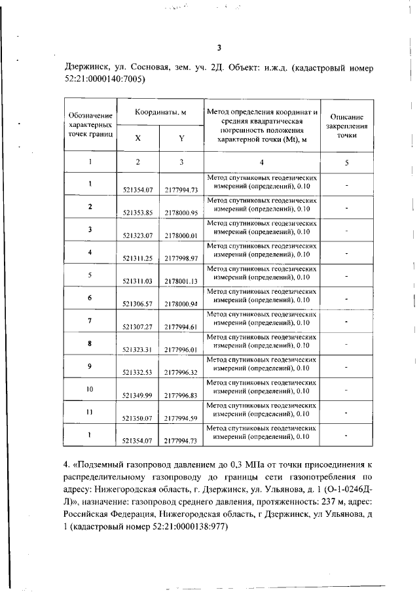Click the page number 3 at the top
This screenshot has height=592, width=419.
coord(220,47)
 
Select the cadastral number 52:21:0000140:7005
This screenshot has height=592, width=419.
coord(105,80)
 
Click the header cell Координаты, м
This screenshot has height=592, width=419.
coord(160,113)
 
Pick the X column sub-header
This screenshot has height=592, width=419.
coord(137,138)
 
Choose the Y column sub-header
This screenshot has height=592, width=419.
coord(181,138)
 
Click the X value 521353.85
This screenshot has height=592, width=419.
coord(137,212)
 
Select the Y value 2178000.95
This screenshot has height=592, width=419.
coord(181,212)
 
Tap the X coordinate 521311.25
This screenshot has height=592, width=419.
coord(137,258)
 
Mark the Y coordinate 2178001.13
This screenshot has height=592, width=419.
coord(181,281)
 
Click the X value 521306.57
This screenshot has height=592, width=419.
coord(137,304)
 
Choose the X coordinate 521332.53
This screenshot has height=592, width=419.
coord(137,372)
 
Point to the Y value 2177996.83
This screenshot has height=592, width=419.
coord(181,395)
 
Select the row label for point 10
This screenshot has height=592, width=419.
coord(90,389)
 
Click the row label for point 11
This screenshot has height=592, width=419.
coord(90,412)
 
